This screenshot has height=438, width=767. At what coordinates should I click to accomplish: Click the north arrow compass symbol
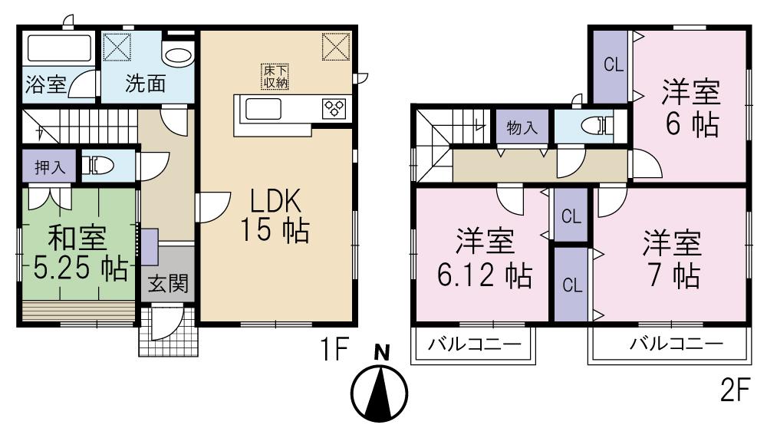coord(380,391)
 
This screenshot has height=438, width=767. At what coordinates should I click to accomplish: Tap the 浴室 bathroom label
coord(46,84)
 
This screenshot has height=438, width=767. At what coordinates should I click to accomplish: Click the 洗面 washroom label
coord(144,84)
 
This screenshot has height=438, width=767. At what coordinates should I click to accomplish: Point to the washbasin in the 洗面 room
coord(179,56)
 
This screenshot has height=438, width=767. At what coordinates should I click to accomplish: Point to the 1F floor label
coord(335,351)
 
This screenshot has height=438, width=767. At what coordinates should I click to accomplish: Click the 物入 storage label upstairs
coord(522,127)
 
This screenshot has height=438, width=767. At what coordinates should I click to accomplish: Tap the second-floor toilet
coord(594,126)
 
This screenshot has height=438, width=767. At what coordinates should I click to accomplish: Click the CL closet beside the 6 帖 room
coord(611,65)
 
